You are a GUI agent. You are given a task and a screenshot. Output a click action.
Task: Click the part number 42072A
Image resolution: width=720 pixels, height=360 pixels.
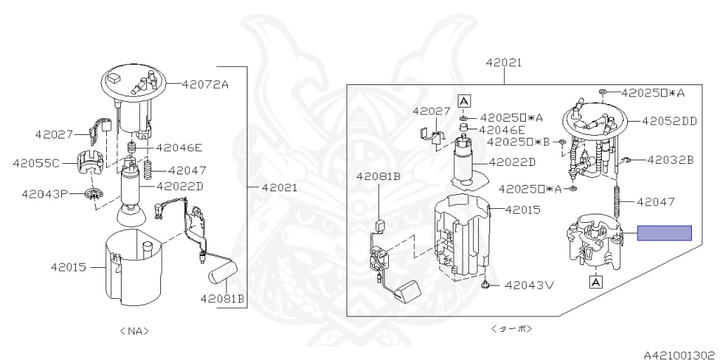(x=205, y=84)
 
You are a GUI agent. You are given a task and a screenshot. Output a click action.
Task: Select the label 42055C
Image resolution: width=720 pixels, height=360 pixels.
(x=37, y=163)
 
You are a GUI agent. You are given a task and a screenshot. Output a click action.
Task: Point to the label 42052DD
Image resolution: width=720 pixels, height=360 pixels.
(x=669, y=121)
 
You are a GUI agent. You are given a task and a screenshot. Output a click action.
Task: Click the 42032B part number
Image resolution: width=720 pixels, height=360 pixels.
(x=670, y=160)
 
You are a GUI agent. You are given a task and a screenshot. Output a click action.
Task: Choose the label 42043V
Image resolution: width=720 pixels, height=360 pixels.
(x=529, y=285)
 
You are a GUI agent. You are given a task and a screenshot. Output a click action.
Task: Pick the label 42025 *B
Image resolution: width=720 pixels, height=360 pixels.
(x=518, y=142)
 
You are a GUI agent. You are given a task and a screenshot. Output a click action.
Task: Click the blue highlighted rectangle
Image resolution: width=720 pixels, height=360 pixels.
(x=664, y=233)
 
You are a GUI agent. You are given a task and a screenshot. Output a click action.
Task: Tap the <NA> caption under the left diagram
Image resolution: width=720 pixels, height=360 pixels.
(x=134, y=330)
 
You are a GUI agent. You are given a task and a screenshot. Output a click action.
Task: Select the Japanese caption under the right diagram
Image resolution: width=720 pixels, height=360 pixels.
(x=511, y=329)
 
